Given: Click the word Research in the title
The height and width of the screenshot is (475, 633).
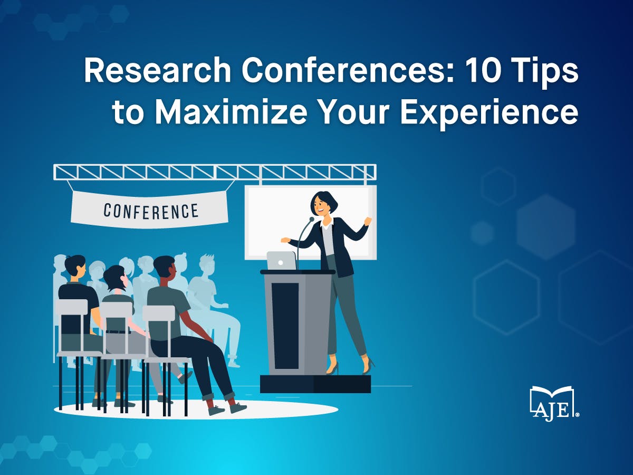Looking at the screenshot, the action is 157,70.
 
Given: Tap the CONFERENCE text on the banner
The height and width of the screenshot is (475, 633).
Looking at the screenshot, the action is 151,211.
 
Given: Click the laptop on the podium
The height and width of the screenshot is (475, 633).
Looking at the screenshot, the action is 281,260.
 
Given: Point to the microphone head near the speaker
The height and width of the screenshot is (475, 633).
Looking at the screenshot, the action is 311,219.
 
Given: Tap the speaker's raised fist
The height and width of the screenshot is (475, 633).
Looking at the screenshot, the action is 368,221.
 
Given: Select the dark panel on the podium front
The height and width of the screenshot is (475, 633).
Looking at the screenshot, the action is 285,326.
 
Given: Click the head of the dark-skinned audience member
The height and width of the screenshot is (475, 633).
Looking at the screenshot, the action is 165,269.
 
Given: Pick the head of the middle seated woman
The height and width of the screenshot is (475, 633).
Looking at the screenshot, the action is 116,278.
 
